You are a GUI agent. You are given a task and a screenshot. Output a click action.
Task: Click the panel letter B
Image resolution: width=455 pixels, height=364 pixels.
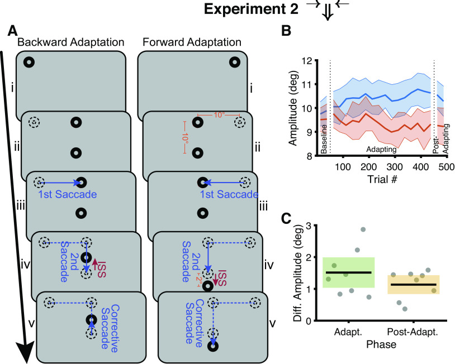(285, 32)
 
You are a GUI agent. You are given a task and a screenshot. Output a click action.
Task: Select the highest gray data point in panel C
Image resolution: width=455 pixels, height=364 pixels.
(363, 229)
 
